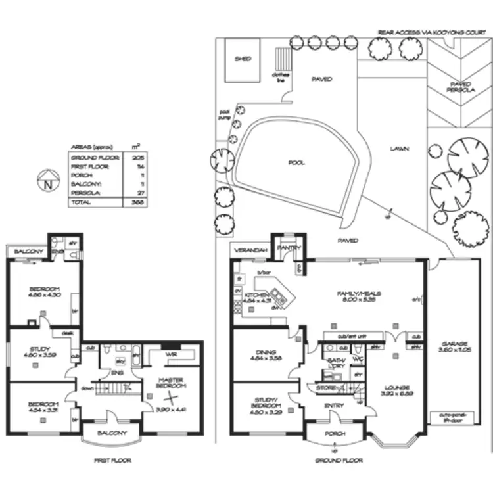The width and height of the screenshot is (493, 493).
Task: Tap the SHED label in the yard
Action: click(243, 59)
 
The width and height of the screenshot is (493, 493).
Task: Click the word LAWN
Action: click(398, 149)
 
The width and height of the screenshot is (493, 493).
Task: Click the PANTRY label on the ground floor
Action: click(289, 248)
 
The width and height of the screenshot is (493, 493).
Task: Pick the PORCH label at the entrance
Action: click(335, 434)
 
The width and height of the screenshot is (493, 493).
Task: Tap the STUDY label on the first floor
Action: click(39, 350)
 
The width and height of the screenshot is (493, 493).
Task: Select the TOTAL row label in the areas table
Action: click(82, 203)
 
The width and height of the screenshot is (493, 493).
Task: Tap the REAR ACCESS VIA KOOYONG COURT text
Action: click(433, 31)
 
